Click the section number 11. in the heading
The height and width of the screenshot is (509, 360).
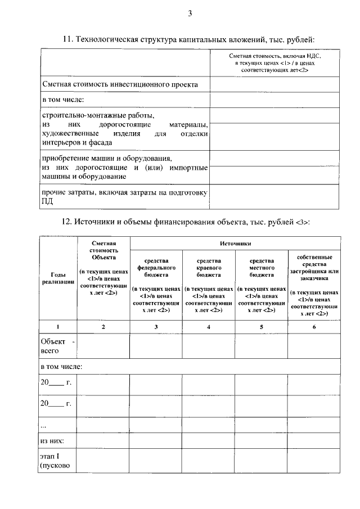point(67,40)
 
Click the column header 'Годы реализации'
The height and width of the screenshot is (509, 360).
point(58,278)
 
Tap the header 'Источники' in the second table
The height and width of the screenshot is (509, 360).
point(235,244)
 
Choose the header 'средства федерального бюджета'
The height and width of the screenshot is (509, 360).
point(156,268)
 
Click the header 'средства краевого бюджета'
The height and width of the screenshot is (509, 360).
point(208,268)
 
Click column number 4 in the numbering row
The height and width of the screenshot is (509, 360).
point(208,327)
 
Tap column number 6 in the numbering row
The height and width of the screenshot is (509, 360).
point(314,327)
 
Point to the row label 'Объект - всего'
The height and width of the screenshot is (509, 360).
point(57,345)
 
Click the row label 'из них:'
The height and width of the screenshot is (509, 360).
point(52,440)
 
